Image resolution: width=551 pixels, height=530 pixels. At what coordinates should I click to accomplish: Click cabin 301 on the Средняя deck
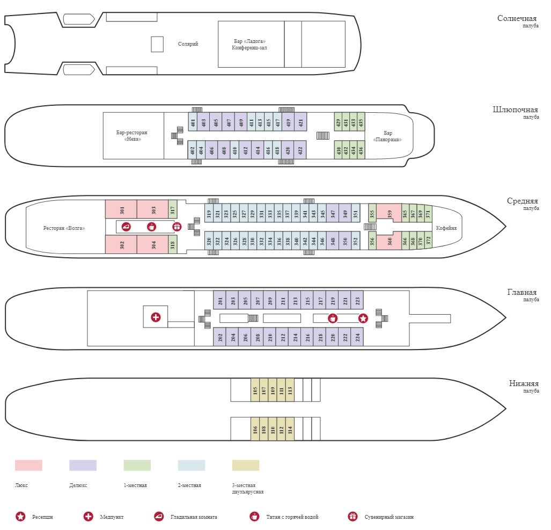121,209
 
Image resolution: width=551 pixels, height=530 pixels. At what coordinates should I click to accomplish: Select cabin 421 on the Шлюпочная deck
300,122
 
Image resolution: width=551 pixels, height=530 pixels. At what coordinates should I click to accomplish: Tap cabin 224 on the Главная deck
357,337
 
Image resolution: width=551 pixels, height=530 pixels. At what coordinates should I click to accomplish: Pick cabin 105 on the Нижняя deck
255,390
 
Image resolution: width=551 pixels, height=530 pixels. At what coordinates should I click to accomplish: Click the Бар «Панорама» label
387,136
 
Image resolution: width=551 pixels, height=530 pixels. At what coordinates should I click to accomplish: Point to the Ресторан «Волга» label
64,228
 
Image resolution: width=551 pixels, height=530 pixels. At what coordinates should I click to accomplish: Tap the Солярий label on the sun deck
188,44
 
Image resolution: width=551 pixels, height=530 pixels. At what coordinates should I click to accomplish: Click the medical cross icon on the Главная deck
156,317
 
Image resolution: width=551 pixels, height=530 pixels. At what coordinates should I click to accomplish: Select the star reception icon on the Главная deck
363,318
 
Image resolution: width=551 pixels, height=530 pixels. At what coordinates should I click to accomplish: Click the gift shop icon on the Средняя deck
177,227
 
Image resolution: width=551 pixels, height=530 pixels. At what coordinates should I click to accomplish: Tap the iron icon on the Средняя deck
126,227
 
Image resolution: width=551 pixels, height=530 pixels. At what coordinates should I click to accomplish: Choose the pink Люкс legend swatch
28,465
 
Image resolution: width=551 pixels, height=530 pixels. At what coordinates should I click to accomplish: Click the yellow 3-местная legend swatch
246,465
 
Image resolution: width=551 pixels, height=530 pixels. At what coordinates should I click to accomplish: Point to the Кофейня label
446,228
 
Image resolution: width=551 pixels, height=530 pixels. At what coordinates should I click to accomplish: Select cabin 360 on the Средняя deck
389,241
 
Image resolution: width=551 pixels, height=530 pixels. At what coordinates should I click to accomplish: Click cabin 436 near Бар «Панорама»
361,150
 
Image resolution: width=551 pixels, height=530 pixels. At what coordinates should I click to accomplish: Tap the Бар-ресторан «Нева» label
132,136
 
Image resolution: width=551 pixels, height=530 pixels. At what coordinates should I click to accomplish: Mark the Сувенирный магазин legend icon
352,516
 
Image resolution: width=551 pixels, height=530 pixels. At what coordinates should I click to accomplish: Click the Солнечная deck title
517,18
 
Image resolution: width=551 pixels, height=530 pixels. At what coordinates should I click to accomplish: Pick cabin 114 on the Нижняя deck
290,429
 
